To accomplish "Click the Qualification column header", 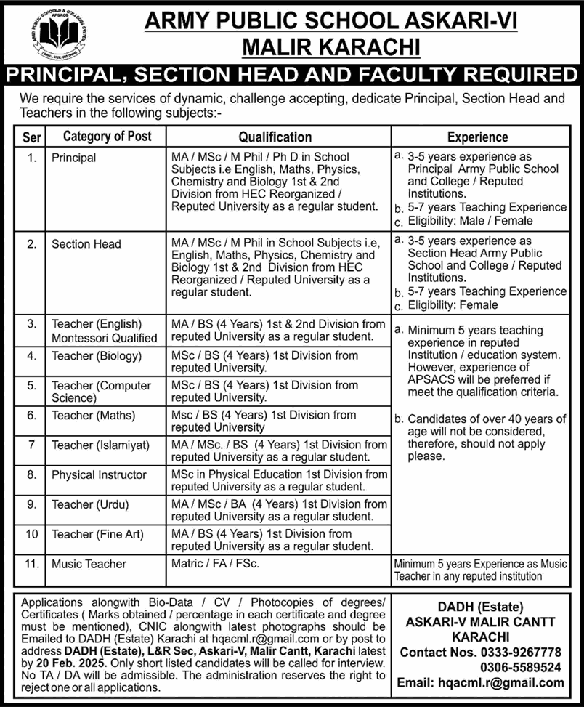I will click(x=275, y=137).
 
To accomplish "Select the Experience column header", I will click(x=477, y=137).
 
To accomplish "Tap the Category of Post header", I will click(x=108, y=136).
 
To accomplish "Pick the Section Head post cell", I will click(x=86, y=244).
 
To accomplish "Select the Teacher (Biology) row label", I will click(x=97, y=356).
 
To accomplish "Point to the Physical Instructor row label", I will click(x=97, y=474).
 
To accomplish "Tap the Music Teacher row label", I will click(x=89, y=564).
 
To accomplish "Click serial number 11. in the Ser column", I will click(x=31, y=564).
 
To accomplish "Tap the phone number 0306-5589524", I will click(x=522, y=667).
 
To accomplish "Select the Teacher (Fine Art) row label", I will click(x=97, y=534).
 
